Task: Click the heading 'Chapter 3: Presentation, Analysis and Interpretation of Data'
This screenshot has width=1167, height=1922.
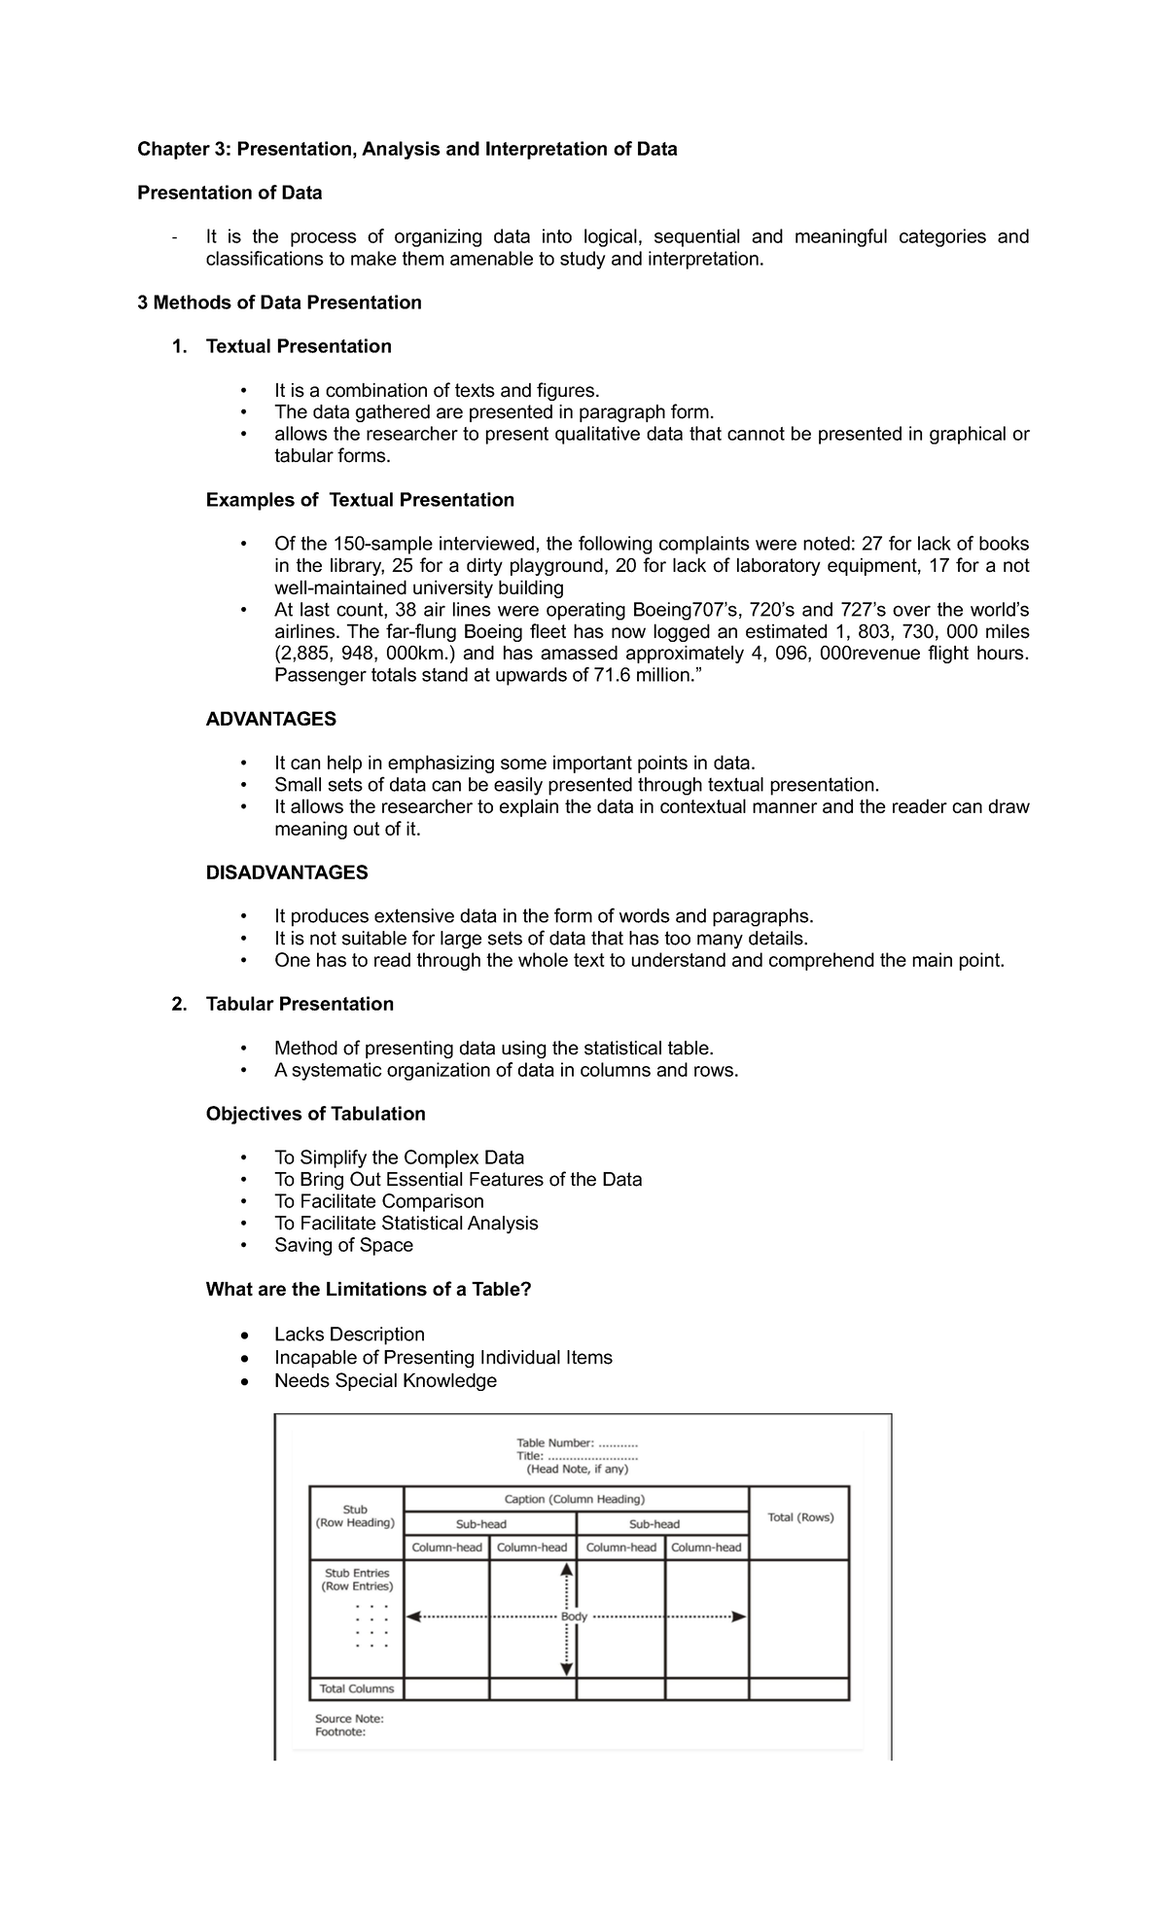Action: point(407,149)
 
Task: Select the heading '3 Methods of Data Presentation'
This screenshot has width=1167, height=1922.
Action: point(279,303)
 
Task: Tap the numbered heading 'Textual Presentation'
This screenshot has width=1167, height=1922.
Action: point(299,346)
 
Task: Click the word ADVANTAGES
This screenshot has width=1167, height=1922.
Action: point(271,719)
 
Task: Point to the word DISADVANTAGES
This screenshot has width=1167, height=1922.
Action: point(287,872)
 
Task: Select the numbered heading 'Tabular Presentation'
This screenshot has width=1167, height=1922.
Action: point(300,1004)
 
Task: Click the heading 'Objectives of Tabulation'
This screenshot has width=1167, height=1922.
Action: point(315,1114)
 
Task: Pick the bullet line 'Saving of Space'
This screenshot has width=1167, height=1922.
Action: point(343,1245)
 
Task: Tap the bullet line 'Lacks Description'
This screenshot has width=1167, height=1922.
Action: point(349,1335)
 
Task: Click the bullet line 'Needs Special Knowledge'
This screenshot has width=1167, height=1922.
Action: point(385,1381)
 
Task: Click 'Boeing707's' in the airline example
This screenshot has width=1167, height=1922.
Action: point(686,610)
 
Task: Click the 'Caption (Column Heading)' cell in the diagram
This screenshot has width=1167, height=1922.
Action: point(575,1499)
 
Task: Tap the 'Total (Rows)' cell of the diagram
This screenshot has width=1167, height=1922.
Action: point(800,1517)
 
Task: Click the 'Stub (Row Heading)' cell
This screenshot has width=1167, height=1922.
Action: point(355,1516)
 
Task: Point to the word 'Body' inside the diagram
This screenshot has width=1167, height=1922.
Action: point(574,1617)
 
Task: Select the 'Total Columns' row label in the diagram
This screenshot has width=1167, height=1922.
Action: point(357,1689)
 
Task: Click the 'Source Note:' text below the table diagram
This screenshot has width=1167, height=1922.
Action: point(349,1719)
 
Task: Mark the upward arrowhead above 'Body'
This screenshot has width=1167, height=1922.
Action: point(567,1569)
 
